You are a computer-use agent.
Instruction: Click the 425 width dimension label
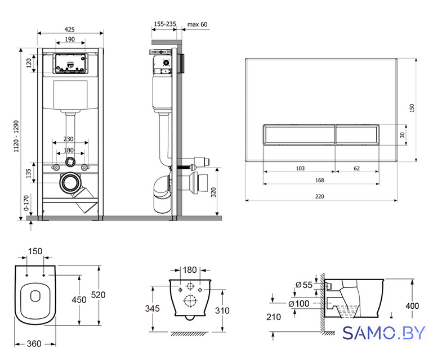[x=70, y=29]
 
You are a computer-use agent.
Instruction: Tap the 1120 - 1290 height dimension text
[x=16, y=136]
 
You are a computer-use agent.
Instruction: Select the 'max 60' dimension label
[x=197, y=24]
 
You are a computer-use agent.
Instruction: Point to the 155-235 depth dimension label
[x=165, y=24]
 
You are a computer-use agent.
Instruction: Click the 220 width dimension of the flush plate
[x=319, y=196]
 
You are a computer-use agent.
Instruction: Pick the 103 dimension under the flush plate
[x=300, y=168]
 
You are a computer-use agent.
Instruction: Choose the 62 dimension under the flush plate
[x=357, y=168]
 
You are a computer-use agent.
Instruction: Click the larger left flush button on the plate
[x=299, y=134]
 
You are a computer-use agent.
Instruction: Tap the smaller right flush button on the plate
[x=357, y=134]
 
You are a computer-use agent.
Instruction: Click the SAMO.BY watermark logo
[x=384, y=333]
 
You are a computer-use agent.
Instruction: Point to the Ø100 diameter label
[x=298, y=304]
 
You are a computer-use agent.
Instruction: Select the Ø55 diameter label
[x=303, y=285]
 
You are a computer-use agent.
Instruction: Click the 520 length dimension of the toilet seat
[x=99, y=295]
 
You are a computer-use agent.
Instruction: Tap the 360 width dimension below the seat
[x=34, y=344]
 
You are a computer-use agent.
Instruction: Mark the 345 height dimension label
[x=152, y=308]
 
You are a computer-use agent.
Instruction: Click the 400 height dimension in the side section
[x=412, y=306]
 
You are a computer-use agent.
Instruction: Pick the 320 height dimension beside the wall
[x=213, y=192]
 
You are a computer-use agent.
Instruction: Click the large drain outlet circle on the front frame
[x=70, y=183]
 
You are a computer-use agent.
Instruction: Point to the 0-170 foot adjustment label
[x=26, y=203]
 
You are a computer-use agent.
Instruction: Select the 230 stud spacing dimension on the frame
[x=69, y=139]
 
